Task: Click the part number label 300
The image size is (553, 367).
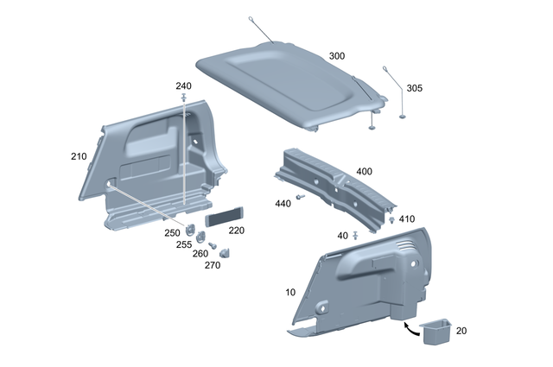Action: [336, 56]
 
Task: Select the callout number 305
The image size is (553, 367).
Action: [415, 88]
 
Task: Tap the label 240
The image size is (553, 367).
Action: [183, 86]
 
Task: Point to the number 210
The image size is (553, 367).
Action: [79, 156]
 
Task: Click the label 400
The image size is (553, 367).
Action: [364, 172]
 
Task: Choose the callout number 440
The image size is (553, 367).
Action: [283, 204]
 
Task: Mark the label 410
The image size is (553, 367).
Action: [407, 219]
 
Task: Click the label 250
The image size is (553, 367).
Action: [173, 233]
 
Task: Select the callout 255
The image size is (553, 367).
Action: [184, 244]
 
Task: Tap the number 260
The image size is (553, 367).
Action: [200, 254]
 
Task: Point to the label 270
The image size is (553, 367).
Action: [212, 265]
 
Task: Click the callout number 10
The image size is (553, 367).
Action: [290, 294]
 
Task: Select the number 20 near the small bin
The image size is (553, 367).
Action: [461, 331]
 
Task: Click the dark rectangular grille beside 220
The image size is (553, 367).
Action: [224, 216]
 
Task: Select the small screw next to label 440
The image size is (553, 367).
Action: [300, 198]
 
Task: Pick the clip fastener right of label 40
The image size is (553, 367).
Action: [357, 234]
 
